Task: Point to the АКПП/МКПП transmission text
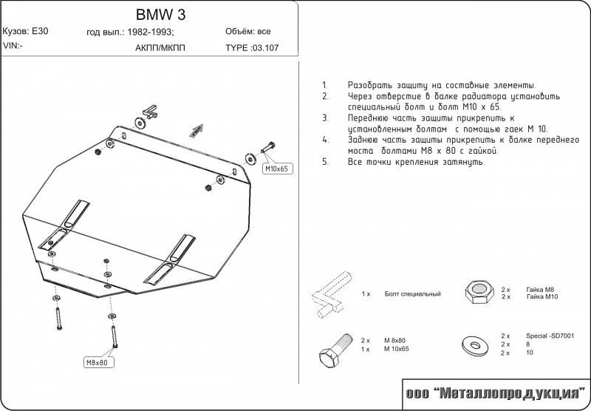[x=160, y=47]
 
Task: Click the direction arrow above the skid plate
[x=195, y=129]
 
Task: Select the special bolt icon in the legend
[x=331, y=295]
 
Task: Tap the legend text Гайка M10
[x=542, y=296]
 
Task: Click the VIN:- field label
[x=13, y=46]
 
